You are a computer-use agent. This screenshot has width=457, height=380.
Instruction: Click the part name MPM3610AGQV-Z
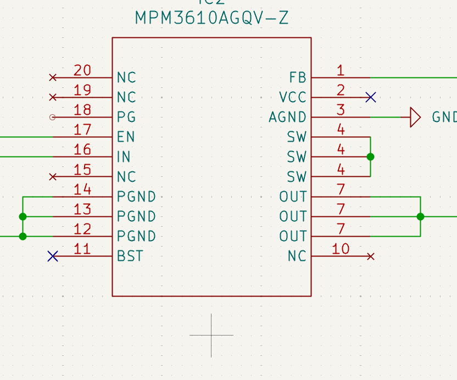211,18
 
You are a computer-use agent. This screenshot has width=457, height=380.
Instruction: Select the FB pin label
297,77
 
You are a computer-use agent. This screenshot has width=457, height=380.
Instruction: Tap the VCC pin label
292,98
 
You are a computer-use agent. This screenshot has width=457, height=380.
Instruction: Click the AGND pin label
287,118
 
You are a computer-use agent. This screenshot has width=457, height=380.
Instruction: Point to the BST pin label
130,256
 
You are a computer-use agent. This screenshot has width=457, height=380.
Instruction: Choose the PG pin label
126,118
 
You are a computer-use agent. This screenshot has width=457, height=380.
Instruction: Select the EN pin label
126,137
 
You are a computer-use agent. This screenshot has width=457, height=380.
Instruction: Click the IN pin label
124,157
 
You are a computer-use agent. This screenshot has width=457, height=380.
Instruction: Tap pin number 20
82,70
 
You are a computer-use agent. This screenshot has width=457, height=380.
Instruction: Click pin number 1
341,70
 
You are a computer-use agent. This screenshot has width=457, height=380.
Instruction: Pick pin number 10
341,249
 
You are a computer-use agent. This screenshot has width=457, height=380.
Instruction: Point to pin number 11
82,249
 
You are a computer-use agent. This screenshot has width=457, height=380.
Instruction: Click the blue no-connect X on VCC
371,97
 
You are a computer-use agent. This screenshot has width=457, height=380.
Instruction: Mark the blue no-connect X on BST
53,256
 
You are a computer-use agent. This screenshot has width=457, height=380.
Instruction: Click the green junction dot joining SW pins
370,157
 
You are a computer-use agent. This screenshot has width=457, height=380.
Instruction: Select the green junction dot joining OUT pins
420,216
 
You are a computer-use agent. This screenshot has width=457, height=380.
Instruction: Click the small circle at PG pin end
53,117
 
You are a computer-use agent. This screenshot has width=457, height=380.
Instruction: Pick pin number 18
82,110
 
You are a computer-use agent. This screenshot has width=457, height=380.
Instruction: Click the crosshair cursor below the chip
211,334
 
